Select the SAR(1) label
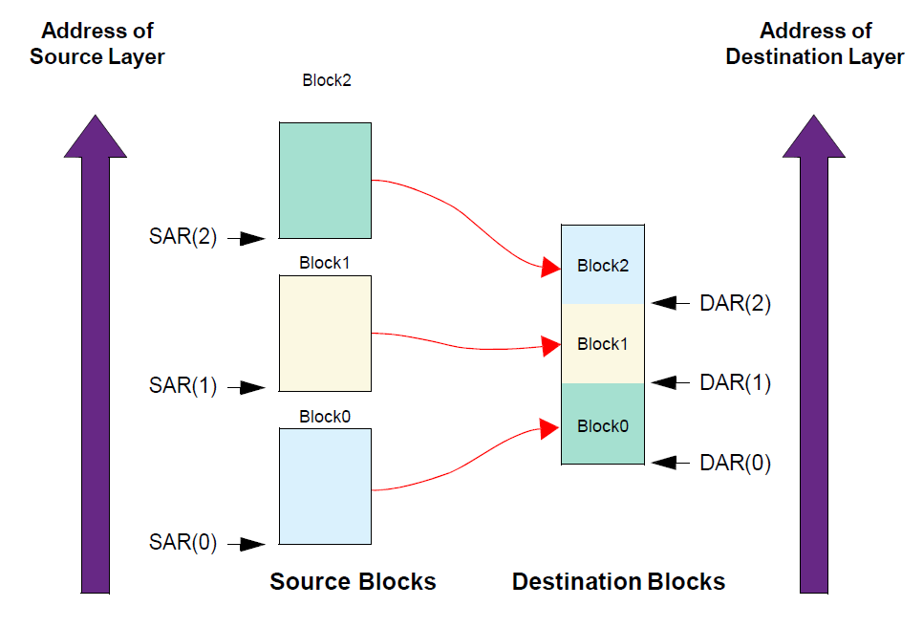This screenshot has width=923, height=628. point(183,387)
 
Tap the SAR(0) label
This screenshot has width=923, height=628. point(183,544)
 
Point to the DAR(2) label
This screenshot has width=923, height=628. point(735,304)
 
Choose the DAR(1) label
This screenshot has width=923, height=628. point(735,382)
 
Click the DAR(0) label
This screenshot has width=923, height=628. point(735,464)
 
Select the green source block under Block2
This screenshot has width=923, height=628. point(325,180)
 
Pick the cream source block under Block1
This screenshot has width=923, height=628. point(325,333)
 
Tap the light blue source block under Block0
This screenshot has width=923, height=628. point(325,486)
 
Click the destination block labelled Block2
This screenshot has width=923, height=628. point(603,265)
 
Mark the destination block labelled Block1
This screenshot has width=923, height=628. point(603,343)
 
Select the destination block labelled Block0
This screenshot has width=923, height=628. point(603,424)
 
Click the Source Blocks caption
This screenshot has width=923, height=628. point(353,581)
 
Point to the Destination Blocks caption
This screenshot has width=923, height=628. point(618,581)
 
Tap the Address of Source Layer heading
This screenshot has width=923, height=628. point(97,44)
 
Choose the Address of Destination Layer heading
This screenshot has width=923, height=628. point(814,44)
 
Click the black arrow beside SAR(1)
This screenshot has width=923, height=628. point(251,387)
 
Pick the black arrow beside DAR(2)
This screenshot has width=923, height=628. point(671,304)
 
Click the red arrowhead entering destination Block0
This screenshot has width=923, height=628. point(549,429)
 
